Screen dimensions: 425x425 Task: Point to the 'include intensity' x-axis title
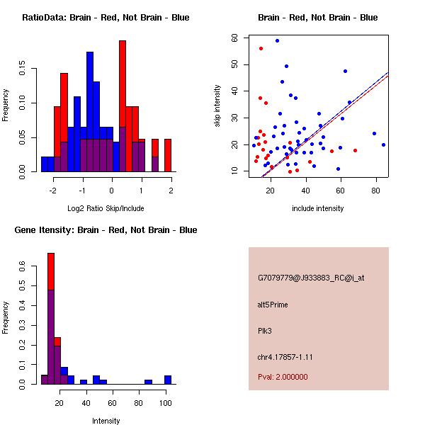tap(318, 209)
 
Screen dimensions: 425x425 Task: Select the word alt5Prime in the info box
tap(273, 305)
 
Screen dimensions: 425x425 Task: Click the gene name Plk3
tap(265, 330)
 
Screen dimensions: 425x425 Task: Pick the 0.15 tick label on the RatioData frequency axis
tap(24, 72)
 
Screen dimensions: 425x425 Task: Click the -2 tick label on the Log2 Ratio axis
tap(52, 190)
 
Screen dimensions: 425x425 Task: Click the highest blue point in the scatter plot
tap(277, 40)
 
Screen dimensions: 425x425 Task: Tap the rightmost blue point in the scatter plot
tap(383, 144)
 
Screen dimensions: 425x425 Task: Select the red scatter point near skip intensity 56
tap(261, 48)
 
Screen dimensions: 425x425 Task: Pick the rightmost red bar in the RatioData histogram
tap(168, 155)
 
